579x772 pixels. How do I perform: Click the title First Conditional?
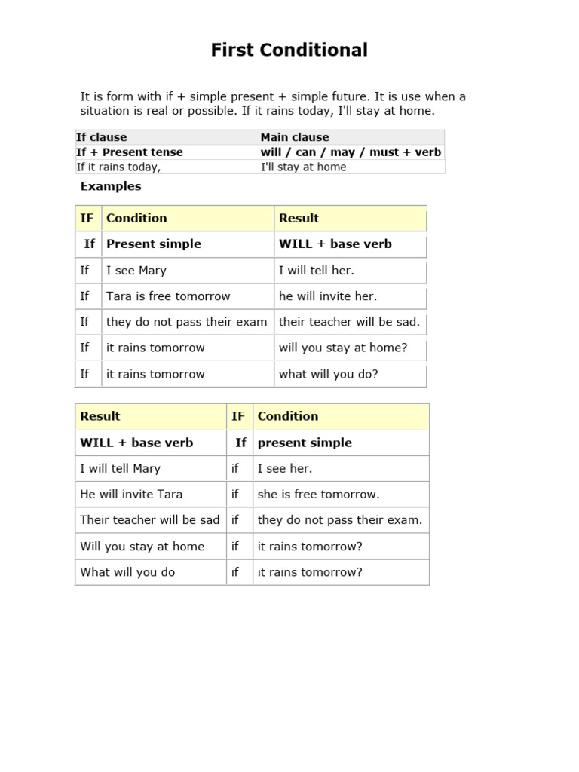tap(289, 51)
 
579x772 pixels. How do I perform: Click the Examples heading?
tap(111, 186)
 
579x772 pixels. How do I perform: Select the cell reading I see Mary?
tap(136, 271)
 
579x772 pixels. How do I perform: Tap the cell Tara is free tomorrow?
tap(168, 296)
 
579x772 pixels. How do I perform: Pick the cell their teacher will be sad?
tap(349, 322)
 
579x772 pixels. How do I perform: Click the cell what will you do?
tap(328, 374)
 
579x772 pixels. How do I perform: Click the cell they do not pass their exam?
tap(187, 322)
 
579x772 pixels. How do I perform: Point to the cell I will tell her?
tap(316, 271)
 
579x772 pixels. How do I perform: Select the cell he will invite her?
tap(328, 296)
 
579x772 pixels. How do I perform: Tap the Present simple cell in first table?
tap(154, 244)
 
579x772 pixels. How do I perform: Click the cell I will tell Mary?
tap(121, 469)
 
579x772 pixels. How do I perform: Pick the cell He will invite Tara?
tap(131, 495)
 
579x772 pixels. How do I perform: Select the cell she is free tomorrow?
tap(318, 495)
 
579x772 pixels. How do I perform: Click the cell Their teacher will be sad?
tap(150, 520)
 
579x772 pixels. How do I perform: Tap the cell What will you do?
tap(127, 572)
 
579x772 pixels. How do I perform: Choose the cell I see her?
tap(285, 469)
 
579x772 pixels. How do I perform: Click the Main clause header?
tap(295, 137)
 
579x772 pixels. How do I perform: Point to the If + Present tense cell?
tap(130, 152)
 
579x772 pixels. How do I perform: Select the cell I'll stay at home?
tap(303, 167)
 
